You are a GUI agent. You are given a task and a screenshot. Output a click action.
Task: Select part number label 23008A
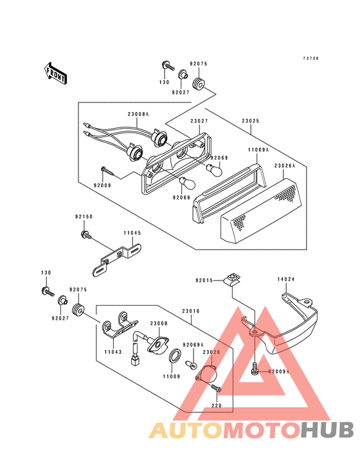(x=138, y=114)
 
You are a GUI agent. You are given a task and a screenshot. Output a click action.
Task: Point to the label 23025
(x=251, y=120)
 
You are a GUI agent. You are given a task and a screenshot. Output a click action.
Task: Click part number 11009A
(x=258, y=149)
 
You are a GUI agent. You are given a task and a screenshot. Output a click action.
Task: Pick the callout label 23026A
(x=285, y=165)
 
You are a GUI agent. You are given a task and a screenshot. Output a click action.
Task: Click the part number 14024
(x=286, y=280)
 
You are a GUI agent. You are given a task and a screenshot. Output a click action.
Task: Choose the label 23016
(x=191, y=311)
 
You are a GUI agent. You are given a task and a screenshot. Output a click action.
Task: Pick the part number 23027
(x=199, y=120)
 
